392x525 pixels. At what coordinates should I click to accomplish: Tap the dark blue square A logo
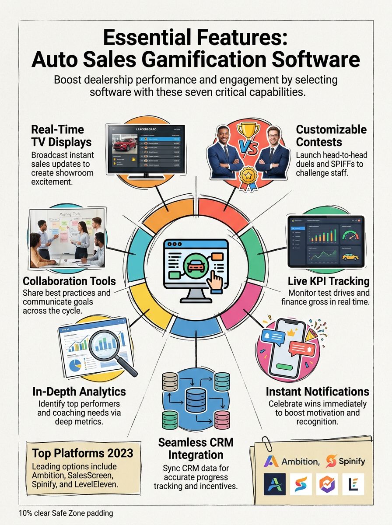(x=275, y=484)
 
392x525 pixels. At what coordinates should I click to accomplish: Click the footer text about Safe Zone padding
(x=66, y=513)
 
